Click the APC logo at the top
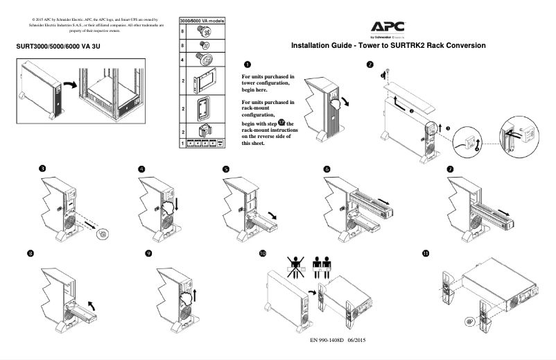[388, 27]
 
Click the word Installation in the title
[313, 46]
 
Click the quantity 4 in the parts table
[182, 60]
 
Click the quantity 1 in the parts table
[182, 143]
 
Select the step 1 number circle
[248, 64]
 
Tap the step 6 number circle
[327, 169]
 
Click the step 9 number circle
[148, 253]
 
